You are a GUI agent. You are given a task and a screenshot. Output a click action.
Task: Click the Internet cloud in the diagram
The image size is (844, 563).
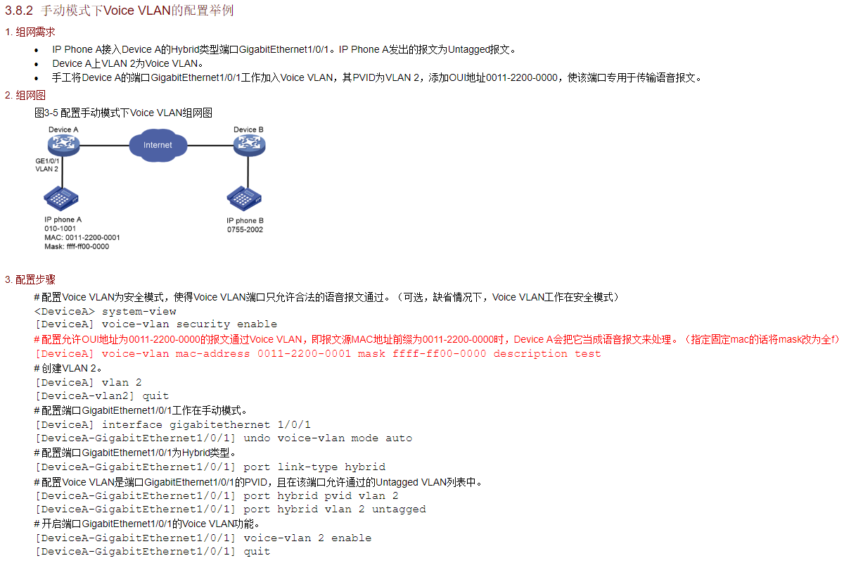(x=158, y=145)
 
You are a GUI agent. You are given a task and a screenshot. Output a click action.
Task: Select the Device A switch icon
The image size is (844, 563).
(x=63, y=146)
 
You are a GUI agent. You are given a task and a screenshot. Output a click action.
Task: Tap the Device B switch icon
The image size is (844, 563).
(x=249, y=146)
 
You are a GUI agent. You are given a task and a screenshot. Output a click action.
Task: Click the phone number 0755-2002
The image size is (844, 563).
(x=245, y=230)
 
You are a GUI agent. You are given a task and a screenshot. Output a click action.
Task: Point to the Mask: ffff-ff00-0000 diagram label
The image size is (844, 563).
(x=77, y=247)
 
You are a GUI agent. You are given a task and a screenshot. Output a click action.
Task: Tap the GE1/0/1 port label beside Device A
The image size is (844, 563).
(x=48, y=161)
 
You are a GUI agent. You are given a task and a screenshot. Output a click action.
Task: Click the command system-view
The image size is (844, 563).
(x=139, y=311)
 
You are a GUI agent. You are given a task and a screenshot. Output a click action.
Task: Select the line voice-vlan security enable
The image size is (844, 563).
(x=189, y=324)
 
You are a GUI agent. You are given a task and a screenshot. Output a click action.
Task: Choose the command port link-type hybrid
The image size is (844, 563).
(x=314, y=467)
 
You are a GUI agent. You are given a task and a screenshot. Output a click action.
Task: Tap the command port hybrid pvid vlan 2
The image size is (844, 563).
(x=321, y=495)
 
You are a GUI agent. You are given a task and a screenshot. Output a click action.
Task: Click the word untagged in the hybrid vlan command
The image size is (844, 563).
(x=399, y=510)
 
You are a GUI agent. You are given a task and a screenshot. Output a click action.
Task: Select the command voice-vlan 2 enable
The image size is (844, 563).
(x=307, y=538)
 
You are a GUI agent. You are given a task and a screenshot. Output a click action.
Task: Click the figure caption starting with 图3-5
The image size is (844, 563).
(x=123, y=113)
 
